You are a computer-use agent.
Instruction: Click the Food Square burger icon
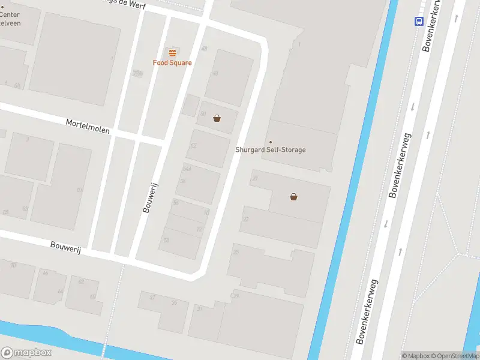pos(172,53)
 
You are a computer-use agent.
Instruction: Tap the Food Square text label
pos(172,63)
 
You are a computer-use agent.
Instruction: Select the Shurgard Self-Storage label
pos(270,149)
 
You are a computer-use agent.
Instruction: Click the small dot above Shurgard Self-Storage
pos(270,142)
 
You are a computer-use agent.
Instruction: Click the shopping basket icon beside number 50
pos(217,118)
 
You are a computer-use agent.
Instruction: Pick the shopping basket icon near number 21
pos(293,196)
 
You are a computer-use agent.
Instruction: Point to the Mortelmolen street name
pos(88,125)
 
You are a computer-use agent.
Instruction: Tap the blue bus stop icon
pos(418,21)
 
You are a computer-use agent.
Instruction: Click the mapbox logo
pos(26,353)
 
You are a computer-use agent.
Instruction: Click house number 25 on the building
pos(236,252)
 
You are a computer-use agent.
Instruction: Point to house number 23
pos(245,220)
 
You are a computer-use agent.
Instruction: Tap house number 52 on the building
pos(193,146)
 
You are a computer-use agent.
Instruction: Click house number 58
pos(166,240)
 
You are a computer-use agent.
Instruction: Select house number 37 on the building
pos(152,297)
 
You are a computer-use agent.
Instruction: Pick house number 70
pos(13,265)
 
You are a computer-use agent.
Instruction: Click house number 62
pos(81,281)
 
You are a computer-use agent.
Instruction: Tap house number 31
pos(199,308)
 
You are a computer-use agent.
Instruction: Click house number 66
pos(45,273)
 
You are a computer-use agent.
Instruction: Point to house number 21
pos(255,178)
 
